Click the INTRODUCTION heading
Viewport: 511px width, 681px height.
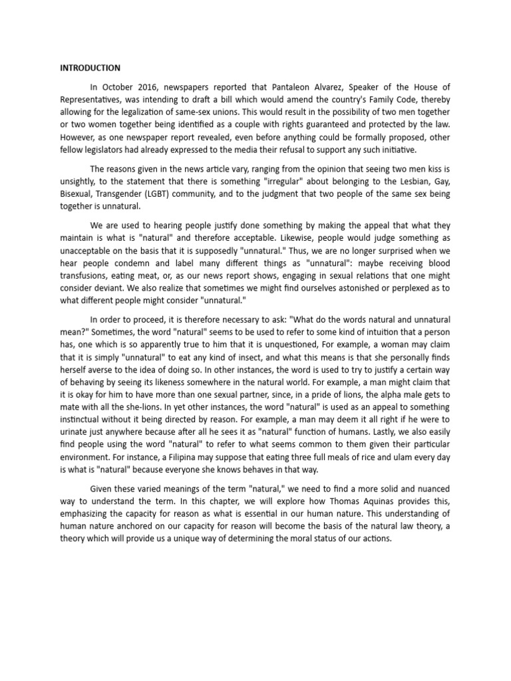tap(90, 68)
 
